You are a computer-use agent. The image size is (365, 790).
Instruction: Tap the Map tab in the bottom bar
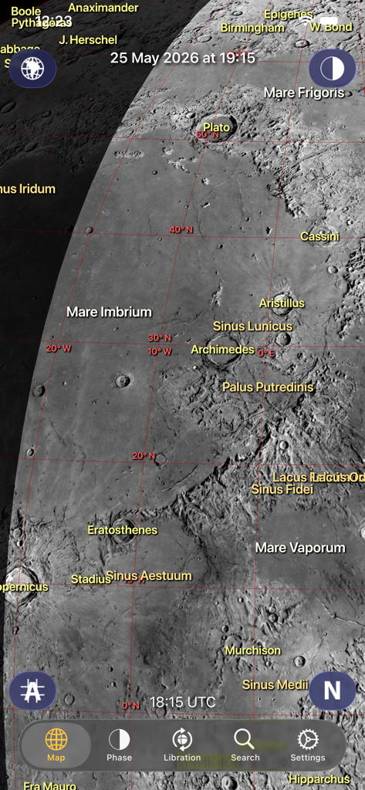point(56,745)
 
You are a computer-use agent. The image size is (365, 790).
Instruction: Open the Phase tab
point(119,745)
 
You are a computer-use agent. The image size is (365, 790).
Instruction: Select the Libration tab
point(182,745)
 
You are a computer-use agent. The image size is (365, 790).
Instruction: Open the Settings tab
point(308,745)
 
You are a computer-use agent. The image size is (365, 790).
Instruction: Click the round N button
point(332,690)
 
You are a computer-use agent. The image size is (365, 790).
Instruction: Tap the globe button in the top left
point(32,69)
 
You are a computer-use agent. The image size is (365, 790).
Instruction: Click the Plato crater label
point(217,127)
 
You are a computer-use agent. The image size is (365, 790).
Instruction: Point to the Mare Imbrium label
point(109,312)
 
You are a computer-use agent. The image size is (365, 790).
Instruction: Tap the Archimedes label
point(222,349)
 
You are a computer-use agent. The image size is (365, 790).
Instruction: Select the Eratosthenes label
point(122,530)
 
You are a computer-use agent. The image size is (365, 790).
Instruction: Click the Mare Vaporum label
point(300,548)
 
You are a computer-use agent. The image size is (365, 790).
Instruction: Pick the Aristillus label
point(282,303)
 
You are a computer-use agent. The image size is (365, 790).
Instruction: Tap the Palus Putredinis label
point(268,387)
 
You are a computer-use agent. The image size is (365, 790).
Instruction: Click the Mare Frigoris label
point(304,93)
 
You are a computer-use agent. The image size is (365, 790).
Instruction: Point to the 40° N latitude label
point(181,230)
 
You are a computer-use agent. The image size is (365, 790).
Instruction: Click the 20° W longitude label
point(59,349)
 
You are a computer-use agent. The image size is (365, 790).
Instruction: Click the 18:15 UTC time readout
point(183,702)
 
